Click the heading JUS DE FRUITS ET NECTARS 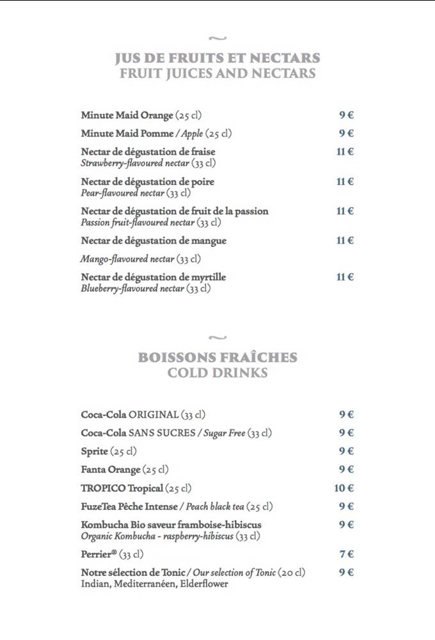217,58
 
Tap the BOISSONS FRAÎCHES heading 217,357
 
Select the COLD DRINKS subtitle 217,372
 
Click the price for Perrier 346,554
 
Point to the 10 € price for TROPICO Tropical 344,488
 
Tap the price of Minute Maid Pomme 346,133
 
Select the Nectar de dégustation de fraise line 148,152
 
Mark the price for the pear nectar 345,182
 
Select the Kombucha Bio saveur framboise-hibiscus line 171,525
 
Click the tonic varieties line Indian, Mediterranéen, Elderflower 154,584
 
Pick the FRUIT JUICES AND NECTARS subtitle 217,74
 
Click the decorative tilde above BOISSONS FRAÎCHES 217,337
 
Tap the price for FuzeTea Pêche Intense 346,506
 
